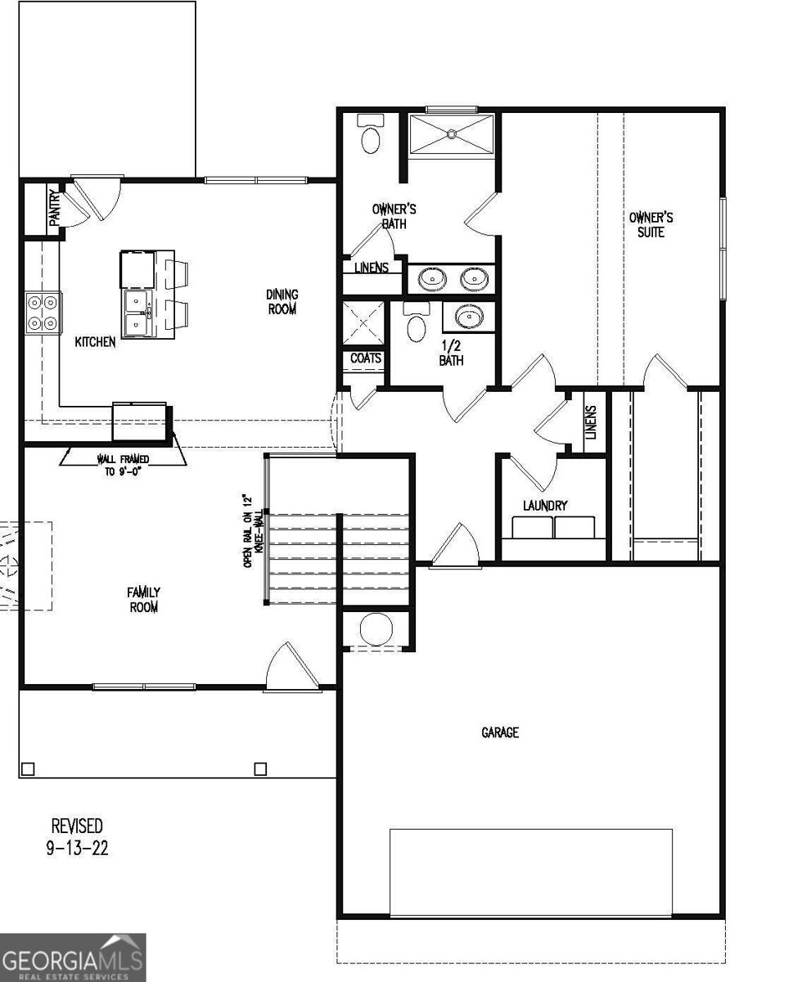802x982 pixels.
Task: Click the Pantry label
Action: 54,208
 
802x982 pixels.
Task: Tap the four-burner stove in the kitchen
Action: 43,313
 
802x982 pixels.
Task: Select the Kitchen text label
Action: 96,342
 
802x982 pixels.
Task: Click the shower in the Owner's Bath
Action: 452,134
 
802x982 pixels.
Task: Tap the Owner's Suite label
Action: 651,224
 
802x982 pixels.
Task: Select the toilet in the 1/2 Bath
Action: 417,322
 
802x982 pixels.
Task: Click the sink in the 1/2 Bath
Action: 469,317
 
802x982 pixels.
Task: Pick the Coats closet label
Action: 365,358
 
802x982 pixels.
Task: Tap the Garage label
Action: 499,732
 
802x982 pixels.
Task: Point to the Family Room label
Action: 142,599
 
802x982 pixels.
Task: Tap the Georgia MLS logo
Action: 73,957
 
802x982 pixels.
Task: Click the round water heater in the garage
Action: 375,629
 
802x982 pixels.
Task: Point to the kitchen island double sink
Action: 137,313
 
